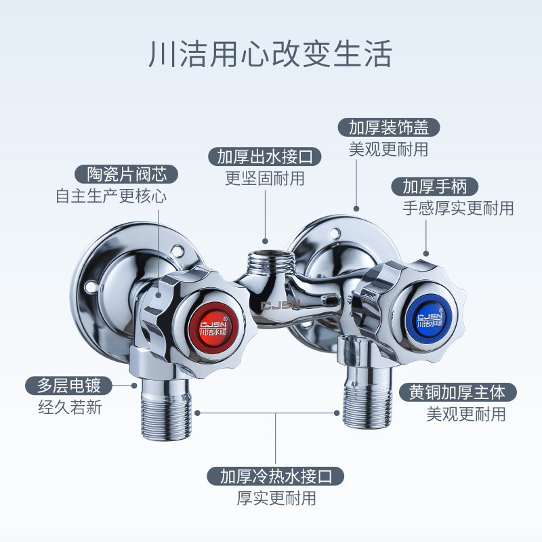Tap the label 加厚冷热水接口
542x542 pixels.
tap(276, 476)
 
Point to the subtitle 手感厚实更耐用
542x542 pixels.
tap(458, 208)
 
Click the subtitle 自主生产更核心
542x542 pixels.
tap(111, 196)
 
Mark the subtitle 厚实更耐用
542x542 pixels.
tap(276, 498)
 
